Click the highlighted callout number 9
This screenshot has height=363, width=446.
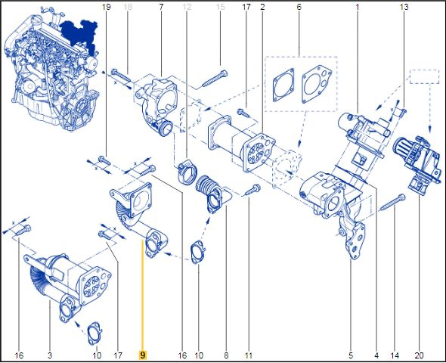pos(143,355)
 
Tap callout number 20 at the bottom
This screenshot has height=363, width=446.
pos(419,355)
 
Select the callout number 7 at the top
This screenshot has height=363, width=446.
pos(161,7)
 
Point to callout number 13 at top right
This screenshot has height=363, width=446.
pos(404,7)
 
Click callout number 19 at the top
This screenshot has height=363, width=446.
pos(106,7)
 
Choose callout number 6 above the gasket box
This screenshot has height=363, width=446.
pos(299,7)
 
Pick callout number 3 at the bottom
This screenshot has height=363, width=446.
pos(50,355)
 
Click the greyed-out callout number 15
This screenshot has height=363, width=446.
pos(221,7)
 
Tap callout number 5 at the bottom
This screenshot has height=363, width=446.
pos(351,355)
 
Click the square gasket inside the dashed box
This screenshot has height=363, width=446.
pos(283,85)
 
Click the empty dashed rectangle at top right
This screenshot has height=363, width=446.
pos(424,76)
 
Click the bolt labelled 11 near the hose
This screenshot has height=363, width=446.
pos(252,190)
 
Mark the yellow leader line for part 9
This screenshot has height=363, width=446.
pos(143,295)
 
